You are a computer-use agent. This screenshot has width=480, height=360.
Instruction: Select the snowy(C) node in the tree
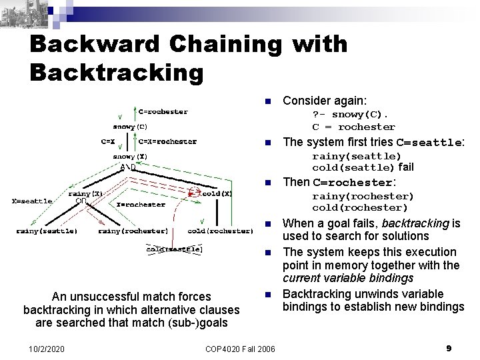point(130,125)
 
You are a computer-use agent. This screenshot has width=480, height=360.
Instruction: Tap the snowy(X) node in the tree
point(130,157)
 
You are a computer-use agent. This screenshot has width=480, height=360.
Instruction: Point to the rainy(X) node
point(85,193)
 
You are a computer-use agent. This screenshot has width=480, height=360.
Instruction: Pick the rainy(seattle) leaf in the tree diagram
point(47,231)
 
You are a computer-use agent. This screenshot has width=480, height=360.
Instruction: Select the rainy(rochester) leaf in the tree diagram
point(133,231)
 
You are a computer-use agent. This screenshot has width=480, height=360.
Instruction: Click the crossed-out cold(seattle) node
point(175,249)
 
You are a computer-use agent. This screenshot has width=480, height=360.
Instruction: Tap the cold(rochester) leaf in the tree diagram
point(220,231)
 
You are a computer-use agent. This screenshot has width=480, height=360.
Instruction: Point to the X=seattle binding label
point(32,200)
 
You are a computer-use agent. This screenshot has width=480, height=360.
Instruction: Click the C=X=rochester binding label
point(167,141)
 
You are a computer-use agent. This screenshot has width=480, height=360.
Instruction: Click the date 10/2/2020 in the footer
point(49,349)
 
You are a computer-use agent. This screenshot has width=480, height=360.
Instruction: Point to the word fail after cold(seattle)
point(407,167)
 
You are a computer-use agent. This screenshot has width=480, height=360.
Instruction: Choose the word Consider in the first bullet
point(305,101)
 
